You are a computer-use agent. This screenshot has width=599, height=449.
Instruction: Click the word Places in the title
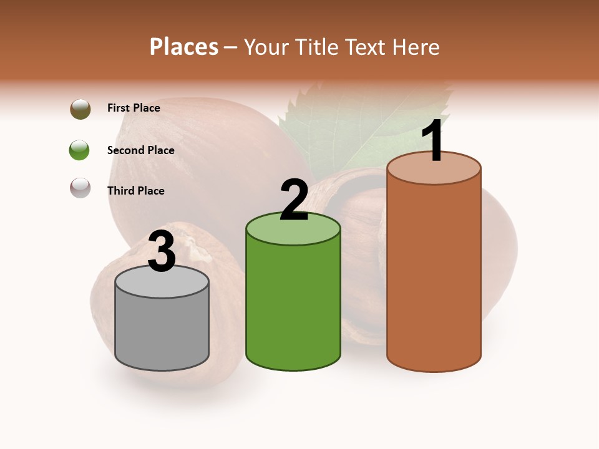[184, 47]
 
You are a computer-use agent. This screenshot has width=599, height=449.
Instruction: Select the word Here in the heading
[416, 47]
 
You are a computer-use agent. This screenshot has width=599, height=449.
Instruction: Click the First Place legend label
[134, 108]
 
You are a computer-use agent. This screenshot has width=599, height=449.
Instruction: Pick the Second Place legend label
[140, 150]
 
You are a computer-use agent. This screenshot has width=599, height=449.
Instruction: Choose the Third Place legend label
[135, 191]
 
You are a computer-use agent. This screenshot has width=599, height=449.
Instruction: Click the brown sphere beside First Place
[80, 109]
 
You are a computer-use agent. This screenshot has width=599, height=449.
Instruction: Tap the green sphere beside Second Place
[79, 150]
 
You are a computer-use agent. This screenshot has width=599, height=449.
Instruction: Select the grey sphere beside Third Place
[80, 188]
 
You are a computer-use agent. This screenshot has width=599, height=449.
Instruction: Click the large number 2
[294, 201]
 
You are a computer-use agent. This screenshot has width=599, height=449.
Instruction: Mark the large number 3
[162, 252]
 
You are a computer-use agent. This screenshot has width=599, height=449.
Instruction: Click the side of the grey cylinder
[162, 331]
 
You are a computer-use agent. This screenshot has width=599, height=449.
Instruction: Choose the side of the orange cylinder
[434, 274]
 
